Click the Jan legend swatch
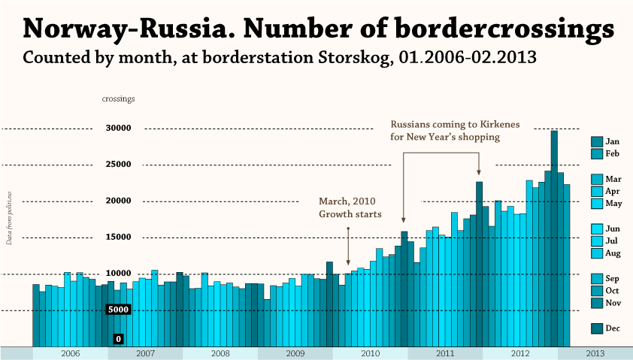point(597,141)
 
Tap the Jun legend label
point(613,228)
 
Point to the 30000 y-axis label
point(119,129)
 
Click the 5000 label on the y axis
point(119,310)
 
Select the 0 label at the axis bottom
point(119,340)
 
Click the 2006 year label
point(71,353)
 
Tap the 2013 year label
point(595,353)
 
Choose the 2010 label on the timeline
point(371,353)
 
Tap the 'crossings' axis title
point(118,98)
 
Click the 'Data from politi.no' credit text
point(9,218)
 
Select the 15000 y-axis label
point(119,237)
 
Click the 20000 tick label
point(119,201)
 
